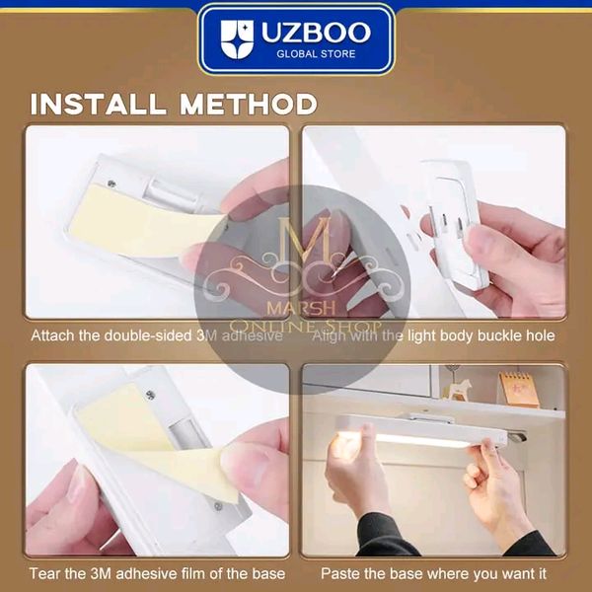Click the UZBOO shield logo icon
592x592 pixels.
(237, 39)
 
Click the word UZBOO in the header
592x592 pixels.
(317, 32)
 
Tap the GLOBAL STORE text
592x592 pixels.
(317, 53)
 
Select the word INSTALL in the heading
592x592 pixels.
(103, 104)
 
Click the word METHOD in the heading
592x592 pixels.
(253, 104)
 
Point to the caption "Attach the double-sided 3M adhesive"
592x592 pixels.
(157, 335)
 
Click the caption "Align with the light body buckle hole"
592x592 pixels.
(433, 335)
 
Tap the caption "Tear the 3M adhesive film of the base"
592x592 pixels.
(157, 573)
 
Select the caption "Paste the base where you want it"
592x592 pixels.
(433, 573)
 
